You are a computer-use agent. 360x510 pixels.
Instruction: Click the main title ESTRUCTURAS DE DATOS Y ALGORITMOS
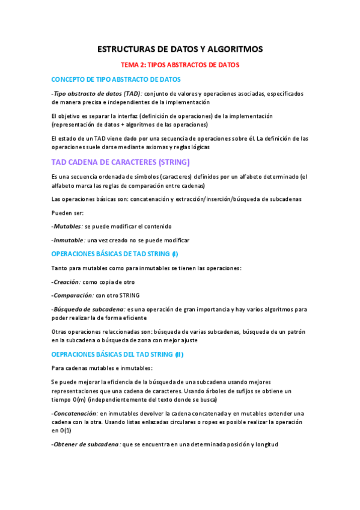[x=180, y=49]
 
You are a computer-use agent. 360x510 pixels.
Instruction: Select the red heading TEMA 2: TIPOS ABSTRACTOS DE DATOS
[x=180, y=65]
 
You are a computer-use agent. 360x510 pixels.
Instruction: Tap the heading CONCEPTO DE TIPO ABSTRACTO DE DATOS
[x=116, y=79]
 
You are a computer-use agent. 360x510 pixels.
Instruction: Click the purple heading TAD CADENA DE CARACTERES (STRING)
[x=121, y=162]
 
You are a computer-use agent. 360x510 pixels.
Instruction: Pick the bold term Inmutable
[x=69, y=239]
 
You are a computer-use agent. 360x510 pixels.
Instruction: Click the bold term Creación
[x=67, y=281]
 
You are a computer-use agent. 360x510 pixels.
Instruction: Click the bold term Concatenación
[x=76, y=413]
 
